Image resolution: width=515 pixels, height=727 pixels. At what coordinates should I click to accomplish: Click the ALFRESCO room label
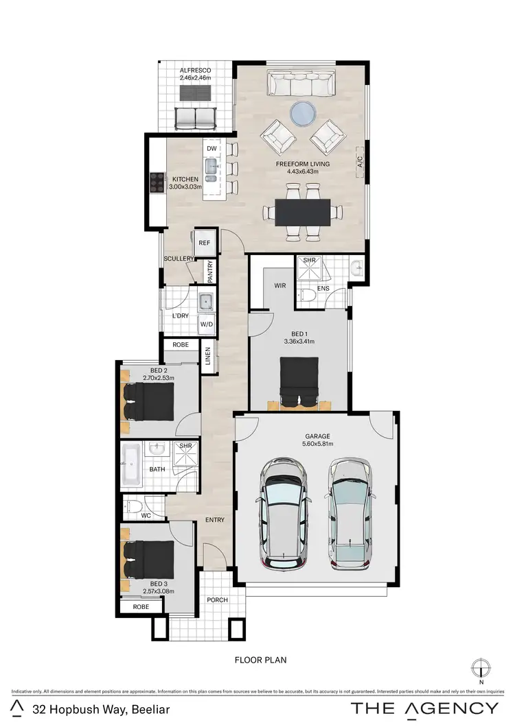pos(195,70)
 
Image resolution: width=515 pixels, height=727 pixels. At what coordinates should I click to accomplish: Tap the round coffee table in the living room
pos(303,113)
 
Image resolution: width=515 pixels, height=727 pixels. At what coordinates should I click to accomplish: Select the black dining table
pos(303,212)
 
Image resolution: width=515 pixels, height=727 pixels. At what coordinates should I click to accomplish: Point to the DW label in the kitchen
pos(211,148)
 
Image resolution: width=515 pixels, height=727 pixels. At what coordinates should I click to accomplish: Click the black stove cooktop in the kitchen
pos(157,182)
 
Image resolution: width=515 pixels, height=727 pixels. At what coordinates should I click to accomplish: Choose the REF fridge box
pos(205,243)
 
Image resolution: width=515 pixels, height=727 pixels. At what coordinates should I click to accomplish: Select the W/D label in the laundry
pos(206,324)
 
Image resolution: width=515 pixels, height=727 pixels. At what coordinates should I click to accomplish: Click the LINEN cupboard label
pos(208,356)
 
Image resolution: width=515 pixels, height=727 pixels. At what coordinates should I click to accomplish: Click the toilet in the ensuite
pos(309,294)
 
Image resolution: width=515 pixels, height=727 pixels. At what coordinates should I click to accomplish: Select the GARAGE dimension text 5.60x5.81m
pos(318,444)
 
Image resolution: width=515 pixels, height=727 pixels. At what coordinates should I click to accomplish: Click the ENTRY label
pos(215,520)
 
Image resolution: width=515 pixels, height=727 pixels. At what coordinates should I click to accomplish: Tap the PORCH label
pos(218,600)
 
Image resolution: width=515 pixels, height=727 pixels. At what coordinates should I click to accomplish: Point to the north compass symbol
pos(480,667)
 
